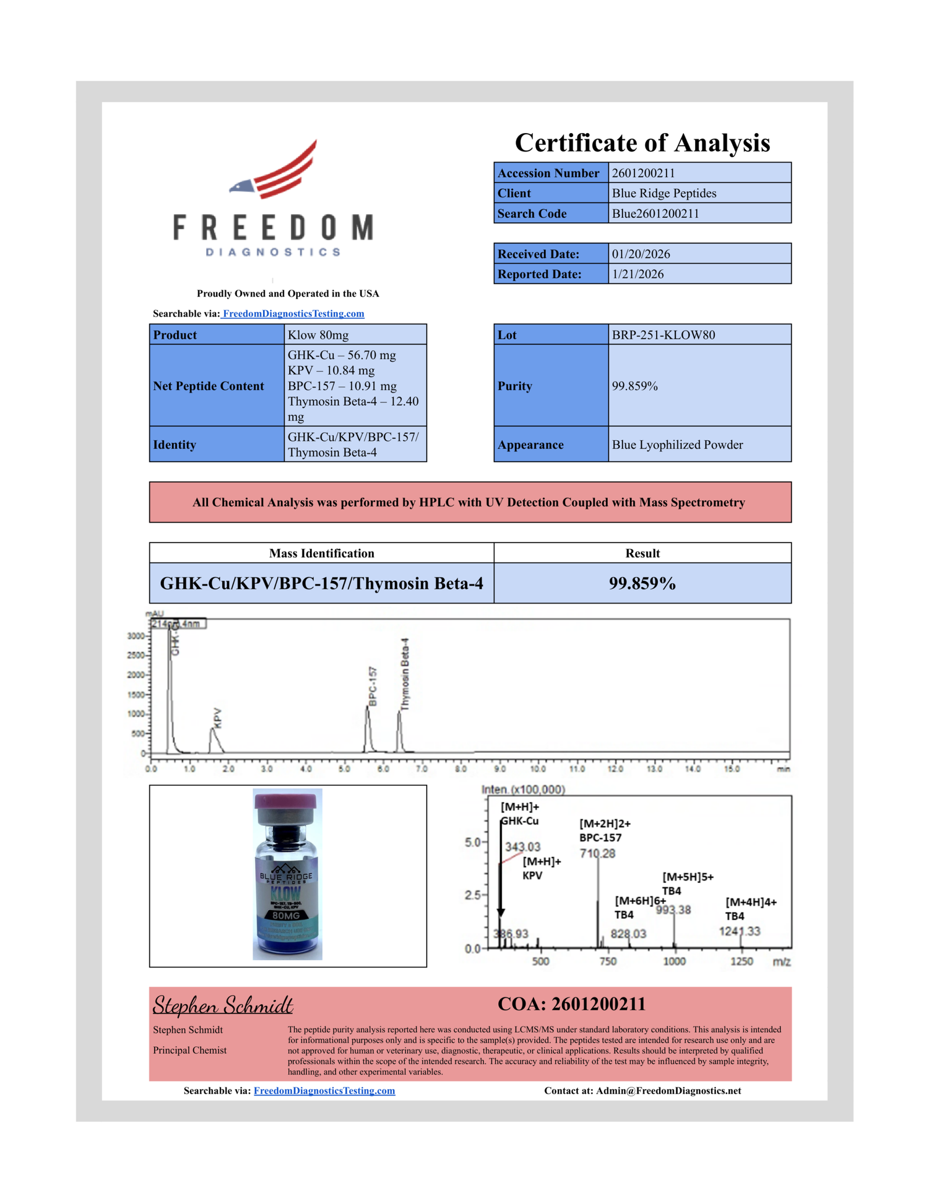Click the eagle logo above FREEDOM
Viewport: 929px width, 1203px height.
pyautogui.click(x=273, y=170)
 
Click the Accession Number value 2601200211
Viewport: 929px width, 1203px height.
pyautogui.click(x=643, y=173)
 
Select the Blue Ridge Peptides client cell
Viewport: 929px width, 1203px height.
pyautogui.click(x=664, y=193)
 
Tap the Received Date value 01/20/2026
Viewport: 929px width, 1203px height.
pyautogui.click(x=640, y=254)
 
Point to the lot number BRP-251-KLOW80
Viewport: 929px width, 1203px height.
pyautogui.click(x=663, y=335)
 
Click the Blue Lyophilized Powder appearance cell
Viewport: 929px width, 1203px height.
pyautogui.click(x=677, y=444)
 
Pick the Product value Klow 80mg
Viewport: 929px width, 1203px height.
pyautogui.click(x=318, y=335)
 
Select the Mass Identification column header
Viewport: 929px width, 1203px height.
pyautogui.click(x=321, y=553)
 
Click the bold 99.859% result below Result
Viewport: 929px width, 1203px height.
pyautogui.click(x=642, y=583)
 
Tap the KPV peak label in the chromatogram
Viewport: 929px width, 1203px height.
pyautogui.click(x=218, y=718)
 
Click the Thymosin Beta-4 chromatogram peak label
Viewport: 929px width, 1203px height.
pyautogui.click(x=405, y=674)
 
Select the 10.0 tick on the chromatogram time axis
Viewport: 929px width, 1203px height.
pyautogui.click(x=538, y=769)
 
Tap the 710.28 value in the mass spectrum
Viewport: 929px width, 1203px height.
pyautogui.click(x=597, y=853)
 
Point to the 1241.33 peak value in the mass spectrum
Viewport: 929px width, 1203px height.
pyautogui.click(x=739, y=931)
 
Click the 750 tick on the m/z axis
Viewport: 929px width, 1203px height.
pyautogui.click(x=607, y=961)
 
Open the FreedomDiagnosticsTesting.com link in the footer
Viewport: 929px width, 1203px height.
pyautogui.click(x=324, y=1090)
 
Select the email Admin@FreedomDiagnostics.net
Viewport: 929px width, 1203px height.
pyautogui.click(x=668, y=1090)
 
